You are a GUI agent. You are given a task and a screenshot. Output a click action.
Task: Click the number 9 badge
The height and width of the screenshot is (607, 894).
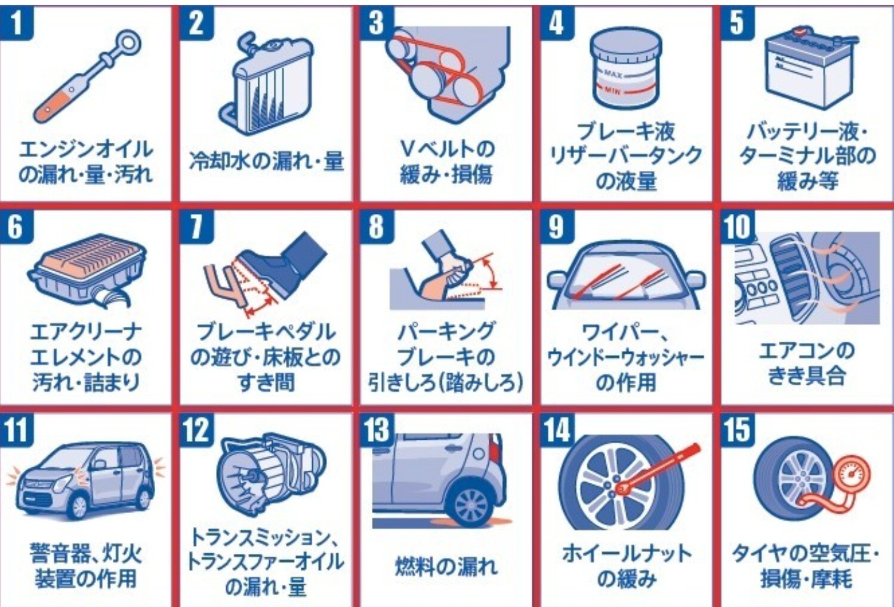coord(557,226)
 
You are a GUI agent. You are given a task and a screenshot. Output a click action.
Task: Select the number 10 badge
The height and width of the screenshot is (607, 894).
coord(738,226)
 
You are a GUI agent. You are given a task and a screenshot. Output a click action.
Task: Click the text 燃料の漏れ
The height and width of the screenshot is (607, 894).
coord(446,566)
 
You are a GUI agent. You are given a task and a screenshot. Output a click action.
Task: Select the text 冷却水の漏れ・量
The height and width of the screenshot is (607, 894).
coord(267,161)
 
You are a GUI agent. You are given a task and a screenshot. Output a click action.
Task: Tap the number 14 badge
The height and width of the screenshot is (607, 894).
coord(557,430)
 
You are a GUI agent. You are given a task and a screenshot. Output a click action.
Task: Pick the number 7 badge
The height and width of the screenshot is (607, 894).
coord(196,226)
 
